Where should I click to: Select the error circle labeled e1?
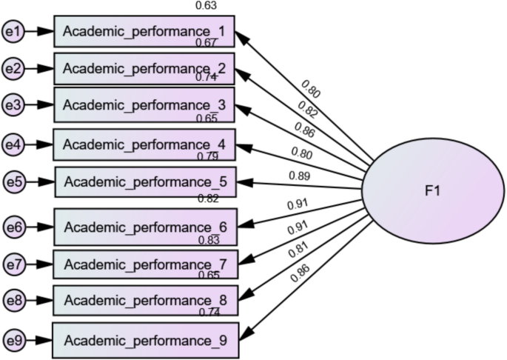point(13,32)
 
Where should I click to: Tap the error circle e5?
point(13,181)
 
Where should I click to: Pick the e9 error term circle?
point(13,341)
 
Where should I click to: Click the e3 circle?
point(13,104)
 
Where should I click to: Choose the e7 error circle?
point(13,264)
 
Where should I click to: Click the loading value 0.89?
point(298,175)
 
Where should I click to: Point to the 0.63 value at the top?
point(206,6)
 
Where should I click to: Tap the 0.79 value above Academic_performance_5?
point(207,156)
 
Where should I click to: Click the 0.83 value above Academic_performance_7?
point(208,239)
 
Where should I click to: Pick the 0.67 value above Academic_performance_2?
point(206,43)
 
